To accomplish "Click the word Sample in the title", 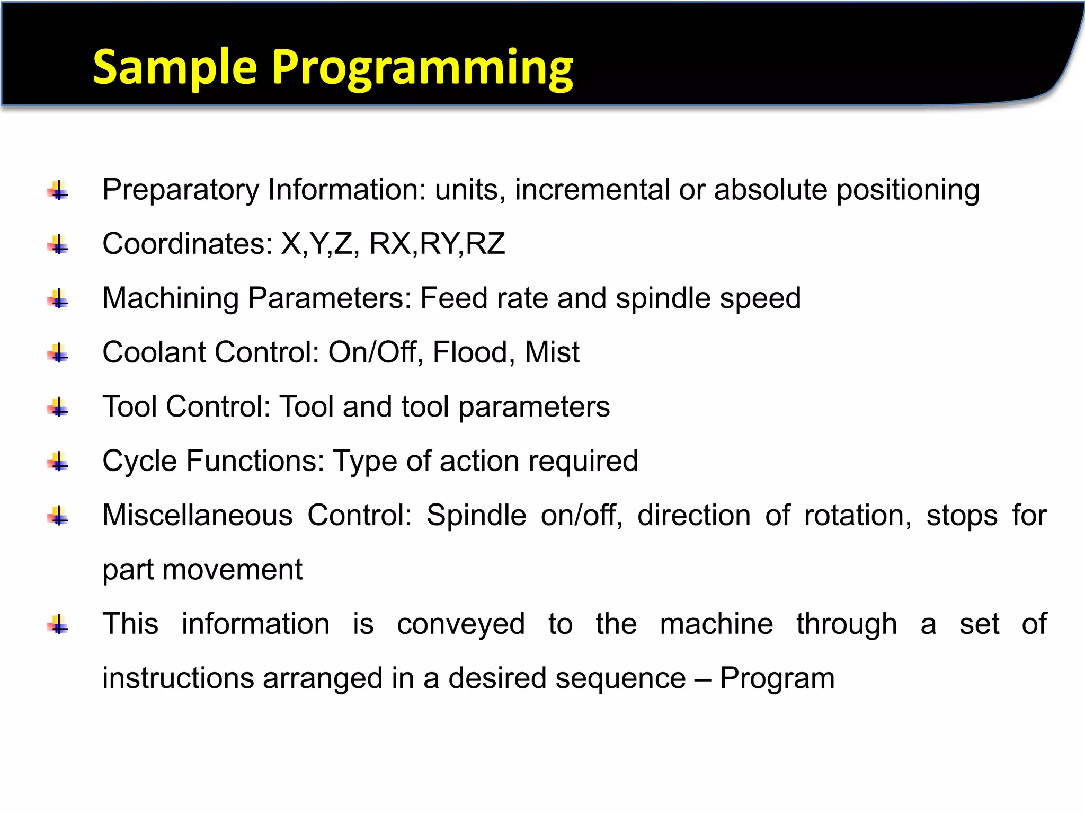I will (175, 68).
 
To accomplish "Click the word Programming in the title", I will (422, 68).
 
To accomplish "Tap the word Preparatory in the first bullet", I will (181, 190).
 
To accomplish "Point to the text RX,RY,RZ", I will (437, 244).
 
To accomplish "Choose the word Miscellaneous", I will (197, 515).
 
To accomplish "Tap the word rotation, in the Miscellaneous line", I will (858, 515).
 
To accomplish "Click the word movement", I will (232, 570).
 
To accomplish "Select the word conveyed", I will (461, 624).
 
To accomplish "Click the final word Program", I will (777, 678).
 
